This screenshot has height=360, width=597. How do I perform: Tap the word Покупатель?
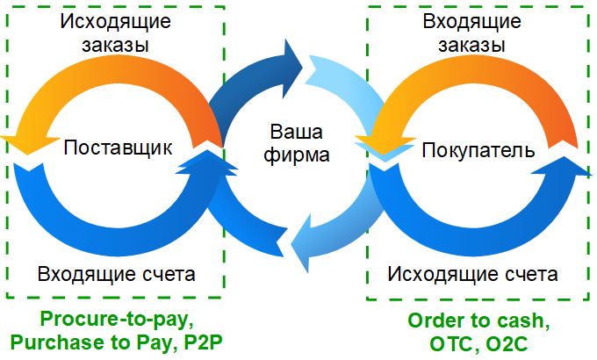coord(478,150)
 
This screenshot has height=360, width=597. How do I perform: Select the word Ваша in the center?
coord(295,134)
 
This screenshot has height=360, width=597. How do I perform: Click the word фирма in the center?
coord(295,157)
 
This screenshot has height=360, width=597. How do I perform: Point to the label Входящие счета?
coord(117,274)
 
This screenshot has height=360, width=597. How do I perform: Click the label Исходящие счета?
coord(473,274)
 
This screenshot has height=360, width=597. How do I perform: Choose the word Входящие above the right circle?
coord(475,20)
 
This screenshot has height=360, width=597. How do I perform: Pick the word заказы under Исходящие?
coord(116,44)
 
